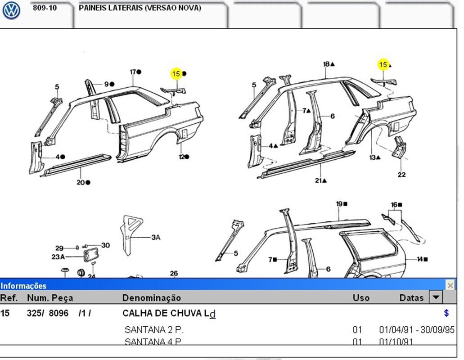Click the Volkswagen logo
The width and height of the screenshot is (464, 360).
click(x=11, y=11)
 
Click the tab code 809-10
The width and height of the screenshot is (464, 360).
click(x=45, y=8)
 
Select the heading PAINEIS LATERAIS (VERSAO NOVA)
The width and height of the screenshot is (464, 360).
click(x=140, y=8)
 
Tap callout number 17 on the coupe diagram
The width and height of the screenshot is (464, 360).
click(x=133, y=72)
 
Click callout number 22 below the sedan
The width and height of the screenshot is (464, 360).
click(x=401, y=175)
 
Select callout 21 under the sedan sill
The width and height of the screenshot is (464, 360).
click(x=319, y=180)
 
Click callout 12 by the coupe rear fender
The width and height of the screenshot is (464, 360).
click(x=182, y=157)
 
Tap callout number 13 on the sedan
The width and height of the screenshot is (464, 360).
click(x=373, y=157)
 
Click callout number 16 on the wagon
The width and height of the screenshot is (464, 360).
click(x=394, y=205)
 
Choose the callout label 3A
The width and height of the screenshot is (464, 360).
click(x=156, y=237)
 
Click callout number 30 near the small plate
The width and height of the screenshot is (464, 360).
click(x=105, y=245)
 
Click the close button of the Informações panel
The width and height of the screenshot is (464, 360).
click(x=450, y=285)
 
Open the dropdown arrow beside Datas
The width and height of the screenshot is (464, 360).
click(x=436, y=297)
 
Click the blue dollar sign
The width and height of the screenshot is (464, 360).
click(x=446, y=313)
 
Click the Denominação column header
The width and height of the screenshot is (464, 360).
click(x=152, y=298)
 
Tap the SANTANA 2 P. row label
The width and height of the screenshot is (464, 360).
click(x=154, y=330)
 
